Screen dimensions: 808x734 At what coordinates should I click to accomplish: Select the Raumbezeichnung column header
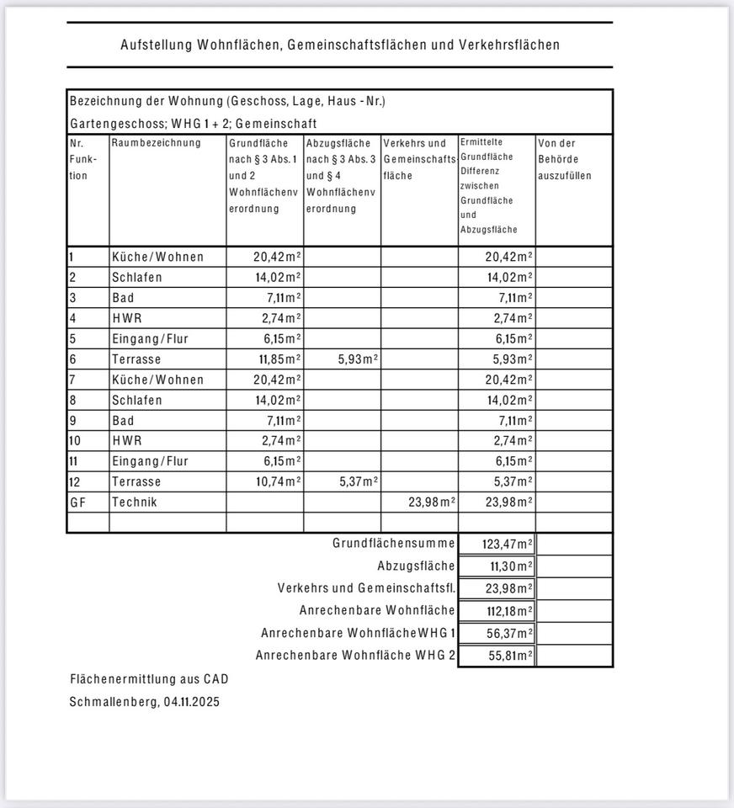click(x=157, y=143)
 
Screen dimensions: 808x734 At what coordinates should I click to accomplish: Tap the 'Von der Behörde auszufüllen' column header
click(x=565, y=159)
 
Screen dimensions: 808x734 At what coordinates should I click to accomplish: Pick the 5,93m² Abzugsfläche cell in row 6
click(x=358, y=359)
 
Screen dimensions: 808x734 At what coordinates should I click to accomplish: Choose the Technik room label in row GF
click(x=135, y=502)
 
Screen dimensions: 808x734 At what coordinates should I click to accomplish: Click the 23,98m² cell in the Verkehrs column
click(x=432, y=502)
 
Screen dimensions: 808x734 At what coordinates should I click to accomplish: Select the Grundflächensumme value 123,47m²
click(x=508, y=545)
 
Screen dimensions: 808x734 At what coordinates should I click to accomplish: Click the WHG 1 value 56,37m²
click(x=510, y=633)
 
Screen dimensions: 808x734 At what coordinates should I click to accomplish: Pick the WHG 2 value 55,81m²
click(x=510, y=655)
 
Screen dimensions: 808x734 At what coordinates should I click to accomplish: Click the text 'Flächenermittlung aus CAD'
click(x=149, y=679)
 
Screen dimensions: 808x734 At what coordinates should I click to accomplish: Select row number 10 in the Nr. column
click(x=76, y=441)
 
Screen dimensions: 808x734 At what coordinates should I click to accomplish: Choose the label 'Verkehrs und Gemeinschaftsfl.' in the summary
click(x=366, y=588)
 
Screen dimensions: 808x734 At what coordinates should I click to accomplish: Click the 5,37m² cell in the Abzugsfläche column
click(x=358, y=481)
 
